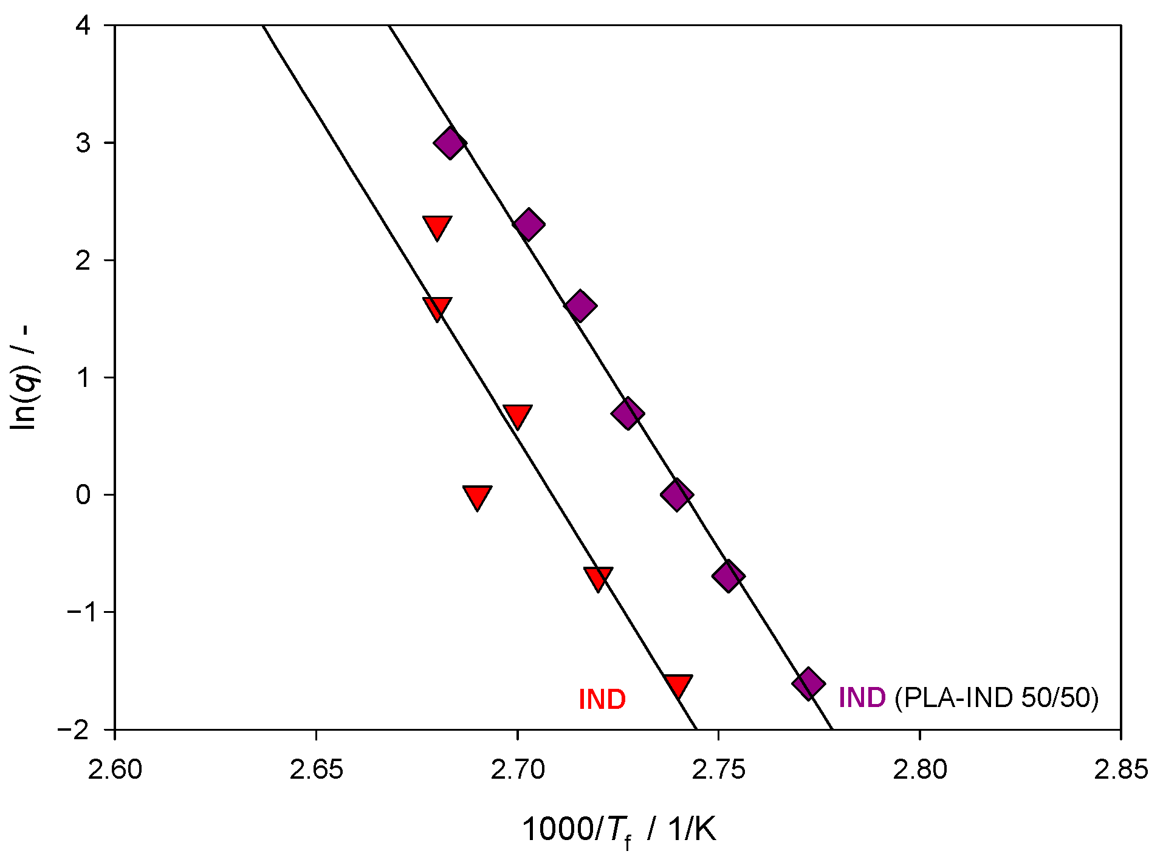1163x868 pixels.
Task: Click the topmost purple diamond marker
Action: tap(450, 143)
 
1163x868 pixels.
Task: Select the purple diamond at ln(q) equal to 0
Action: tap(676, 494)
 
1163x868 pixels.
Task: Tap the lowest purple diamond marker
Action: tap(808, 684)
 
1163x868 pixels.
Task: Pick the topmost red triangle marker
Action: tap(437, 227)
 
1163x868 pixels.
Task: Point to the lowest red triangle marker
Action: tap(678, 686)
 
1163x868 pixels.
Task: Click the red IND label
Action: tap(602, 700)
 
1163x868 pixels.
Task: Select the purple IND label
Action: tap(862, 698)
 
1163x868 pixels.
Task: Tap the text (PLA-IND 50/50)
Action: tap(997, 698)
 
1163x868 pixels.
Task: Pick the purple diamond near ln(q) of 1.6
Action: tap(580, 306)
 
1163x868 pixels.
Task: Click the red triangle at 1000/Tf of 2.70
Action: tap(517, 416)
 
